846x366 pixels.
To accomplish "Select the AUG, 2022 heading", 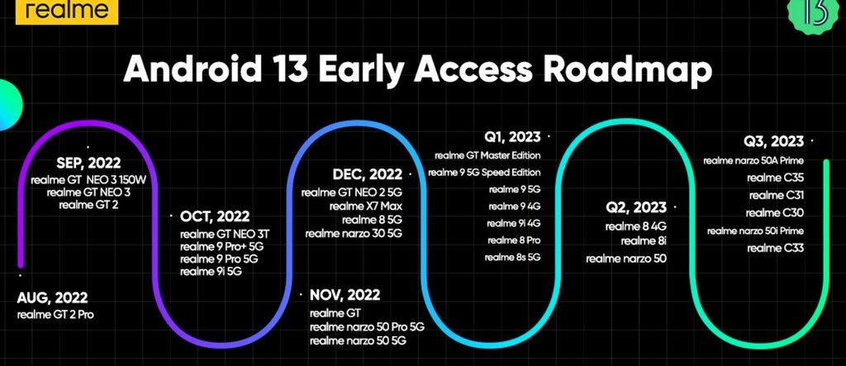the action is click(x=52, y=298).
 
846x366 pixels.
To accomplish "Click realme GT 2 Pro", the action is click(x=55, y=314).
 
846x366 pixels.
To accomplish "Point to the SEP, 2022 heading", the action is click(x=88, y=163).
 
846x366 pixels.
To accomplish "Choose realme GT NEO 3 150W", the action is click(x=88, y=180).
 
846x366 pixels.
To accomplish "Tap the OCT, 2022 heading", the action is click(x=215, y=217).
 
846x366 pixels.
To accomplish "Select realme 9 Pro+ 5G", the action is click(x=222, y=247).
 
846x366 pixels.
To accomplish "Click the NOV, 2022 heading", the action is click(x=345, y=295).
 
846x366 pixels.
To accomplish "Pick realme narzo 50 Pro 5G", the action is click(x=367, y=327).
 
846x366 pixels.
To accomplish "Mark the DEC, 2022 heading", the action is click(x=367, y=174).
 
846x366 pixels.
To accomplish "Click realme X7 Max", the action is click(x=366, y=207).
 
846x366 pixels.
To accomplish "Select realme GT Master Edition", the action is click(x=487, y=155).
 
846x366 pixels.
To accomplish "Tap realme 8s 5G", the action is click(x=512, y=258).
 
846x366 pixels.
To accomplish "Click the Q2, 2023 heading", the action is click(x=636, y=207).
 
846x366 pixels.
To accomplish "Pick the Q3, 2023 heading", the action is click(x=773, y=141).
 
